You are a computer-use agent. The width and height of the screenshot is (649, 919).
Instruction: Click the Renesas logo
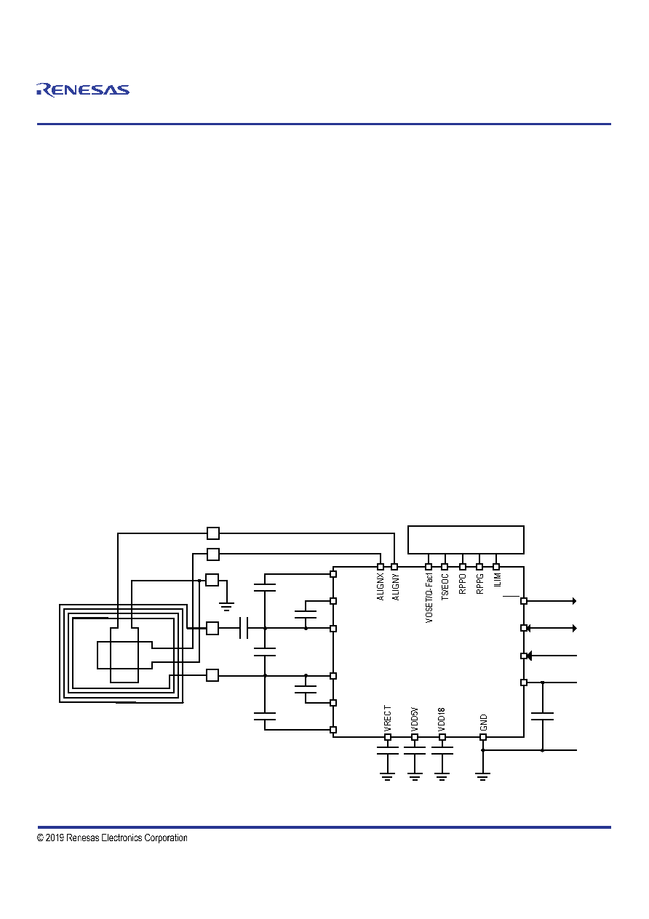83,89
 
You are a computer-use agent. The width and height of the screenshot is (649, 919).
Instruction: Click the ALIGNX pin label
381,587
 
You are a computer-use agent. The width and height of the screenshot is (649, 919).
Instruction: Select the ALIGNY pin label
396,587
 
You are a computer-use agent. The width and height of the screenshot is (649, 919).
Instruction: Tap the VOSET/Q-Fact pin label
429,598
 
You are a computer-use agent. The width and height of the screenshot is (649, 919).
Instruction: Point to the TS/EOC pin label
445,587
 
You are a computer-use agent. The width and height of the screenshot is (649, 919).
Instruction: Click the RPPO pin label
462,584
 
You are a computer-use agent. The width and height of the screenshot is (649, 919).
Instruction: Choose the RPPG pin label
480,584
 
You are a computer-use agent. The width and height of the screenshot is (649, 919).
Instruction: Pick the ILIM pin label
498,580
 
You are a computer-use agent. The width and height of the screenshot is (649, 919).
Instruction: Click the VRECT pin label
388,718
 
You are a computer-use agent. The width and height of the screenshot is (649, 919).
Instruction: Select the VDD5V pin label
414,719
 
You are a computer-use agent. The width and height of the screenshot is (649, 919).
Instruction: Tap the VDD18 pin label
442,720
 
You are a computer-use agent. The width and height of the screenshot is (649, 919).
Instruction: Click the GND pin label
483,723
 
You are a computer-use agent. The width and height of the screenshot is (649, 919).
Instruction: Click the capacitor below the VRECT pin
388,750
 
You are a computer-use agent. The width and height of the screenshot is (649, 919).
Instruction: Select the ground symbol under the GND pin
483,776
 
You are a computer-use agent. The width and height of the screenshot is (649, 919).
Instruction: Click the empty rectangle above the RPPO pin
466,539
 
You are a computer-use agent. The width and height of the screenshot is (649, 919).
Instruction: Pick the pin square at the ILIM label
496,567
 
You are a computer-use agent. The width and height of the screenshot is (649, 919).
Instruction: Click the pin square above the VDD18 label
442,737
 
